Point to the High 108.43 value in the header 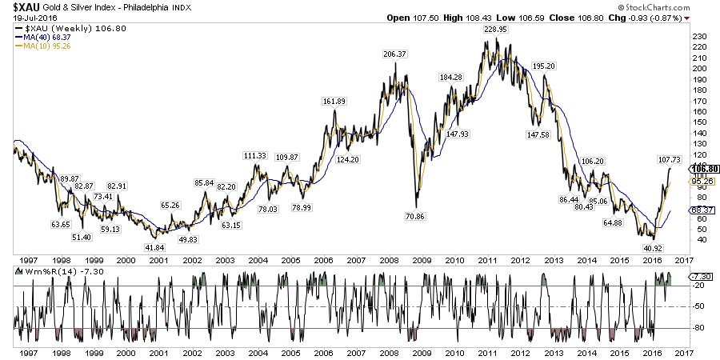(x=475, y=18)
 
